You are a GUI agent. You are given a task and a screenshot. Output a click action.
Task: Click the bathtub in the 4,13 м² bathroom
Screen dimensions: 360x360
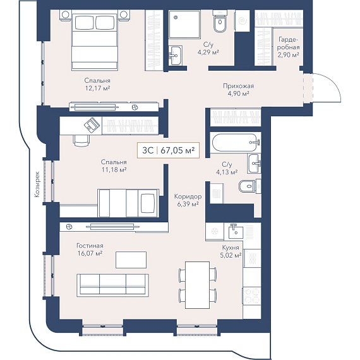point(236,142)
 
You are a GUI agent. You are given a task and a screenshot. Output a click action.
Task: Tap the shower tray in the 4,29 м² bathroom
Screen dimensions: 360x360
point(184,25)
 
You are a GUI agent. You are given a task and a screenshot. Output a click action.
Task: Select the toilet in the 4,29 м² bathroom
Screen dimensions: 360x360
point(220,21)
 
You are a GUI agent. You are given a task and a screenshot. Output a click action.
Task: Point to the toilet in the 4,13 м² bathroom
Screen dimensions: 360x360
point(249,186)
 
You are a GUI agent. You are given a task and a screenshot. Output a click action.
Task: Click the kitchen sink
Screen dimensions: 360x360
point(236,232)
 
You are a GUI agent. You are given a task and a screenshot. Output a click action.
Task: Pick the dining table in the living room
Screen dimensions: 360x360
point(197,285)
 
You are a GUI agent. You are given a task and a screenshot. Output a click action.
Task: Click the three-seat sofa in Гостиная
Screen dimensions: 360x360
point(112,285)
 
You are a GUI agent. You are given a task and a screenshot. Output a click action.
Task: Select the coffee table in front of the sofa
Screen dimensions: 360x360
point(131,260)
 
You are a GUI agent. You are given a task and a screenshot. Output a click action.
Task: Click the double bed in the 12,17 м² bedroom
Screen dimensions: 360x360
point(95,40)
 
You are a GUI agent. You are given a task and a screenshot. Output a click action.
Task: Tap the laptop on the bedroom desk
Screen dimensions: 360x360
point(92,125)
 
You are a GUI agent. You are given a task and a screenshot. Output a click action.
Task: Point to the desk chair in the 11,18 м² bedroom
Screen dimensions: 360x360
point(81,140)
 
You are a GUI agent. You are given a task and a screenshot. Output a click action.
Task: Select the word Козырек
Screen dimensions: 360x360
point(37,184)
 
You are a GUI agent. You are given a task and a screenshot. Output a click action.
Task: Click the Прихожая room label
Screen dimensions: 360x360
point(239,86)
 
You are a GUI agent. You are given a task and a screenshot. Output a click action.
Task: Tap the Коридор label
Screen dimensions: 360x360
point(188,196)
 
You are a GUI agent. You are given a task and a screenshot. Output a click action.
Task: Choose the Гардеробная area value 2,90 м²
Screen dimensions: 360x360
point(289,55)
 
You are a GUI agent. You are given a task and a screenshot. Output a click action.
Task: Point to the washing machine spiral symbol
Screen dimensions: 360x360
point(243,21)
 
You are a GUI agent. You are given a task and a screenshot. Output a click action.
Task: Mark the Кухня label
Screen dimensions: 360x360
point(231,248)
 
